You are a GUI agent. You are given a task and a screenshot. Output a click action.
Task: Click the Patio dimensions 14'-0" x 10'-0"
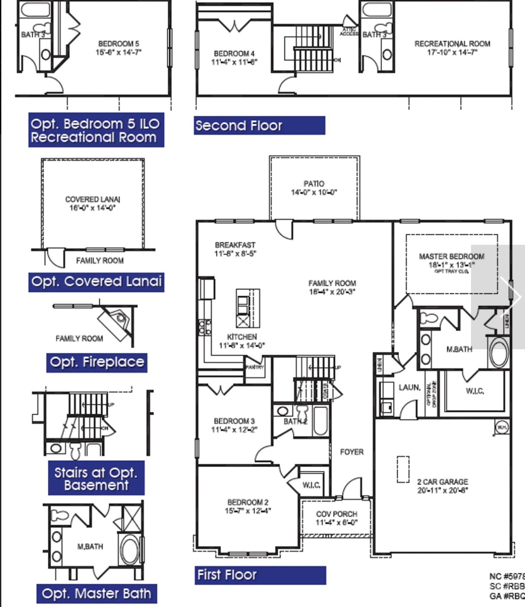(x=314, y=193)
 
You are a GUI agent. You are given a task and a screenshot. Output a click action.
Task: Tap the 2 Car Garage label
(x=443, y=482)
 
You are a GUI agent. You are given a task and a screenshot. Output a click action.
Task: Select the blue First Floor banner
(x=260, y=575)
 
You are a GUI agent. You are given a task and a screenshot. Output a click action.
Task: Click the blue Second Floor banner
(x=259, y=126)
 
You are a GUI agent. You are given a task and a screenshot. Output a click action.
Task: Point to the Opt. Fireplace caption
(x=97, y=362)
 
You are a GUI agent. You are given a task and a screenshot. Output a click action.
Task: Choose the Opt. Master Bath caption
(x=97, y=594)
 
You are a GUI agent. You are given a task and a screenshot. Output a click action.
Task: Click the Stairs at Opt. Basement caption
(x=96, y=478)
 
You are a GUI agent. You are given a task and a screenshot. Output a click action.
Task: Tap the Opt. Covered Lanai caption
(x=96, y=282)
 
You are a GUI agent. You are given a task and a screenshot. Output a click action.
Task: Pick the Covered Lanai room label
(x=93, y=199)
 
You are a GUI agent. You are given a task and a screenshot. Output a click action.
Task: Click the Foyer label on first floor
(x=352, y=452)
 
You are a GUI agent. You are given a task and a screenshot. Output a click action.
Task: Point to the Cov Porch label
(x=337, y=514)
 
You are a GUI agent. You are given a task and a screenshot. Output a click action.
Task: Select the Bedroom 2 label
(x=248, y=503)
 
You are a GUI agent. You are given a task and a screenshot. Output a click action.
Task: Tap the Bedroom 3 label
(x=234, y=421)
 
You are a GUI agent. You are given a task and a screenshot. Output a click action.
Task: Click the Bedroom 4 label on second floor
(x=234, y=54)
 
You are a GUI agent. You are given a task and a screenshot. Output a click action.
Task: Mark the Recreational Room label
(x=452, y=44)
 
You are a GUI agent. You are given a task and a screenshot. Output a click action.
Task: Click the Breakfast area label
(x=235, y=245)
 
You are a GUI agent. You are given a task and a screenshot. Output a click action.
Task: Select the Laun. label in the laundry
(x=409, y=388)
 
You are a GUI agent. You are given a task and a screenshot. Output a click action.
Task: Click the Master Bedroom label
(x=452, y=256)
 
